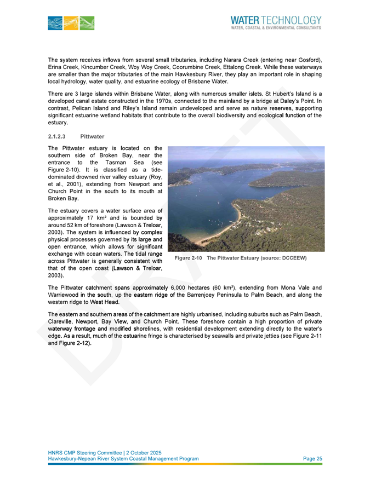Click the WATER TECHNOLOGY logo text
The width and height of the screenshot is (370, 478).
tap(276, 20)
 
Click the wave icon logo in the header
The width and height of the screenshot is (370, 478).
tap(71, 22)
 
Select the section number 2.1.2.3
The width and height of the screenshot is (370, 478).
tap(59, 137)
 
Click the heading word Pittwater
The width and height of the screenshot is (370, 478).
tap(91, 137)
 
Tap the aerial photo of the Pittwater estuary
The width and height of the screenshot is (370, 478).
tap(246, 198)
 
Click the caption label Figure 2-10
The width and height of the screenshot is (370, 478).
tap(189, 258)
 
